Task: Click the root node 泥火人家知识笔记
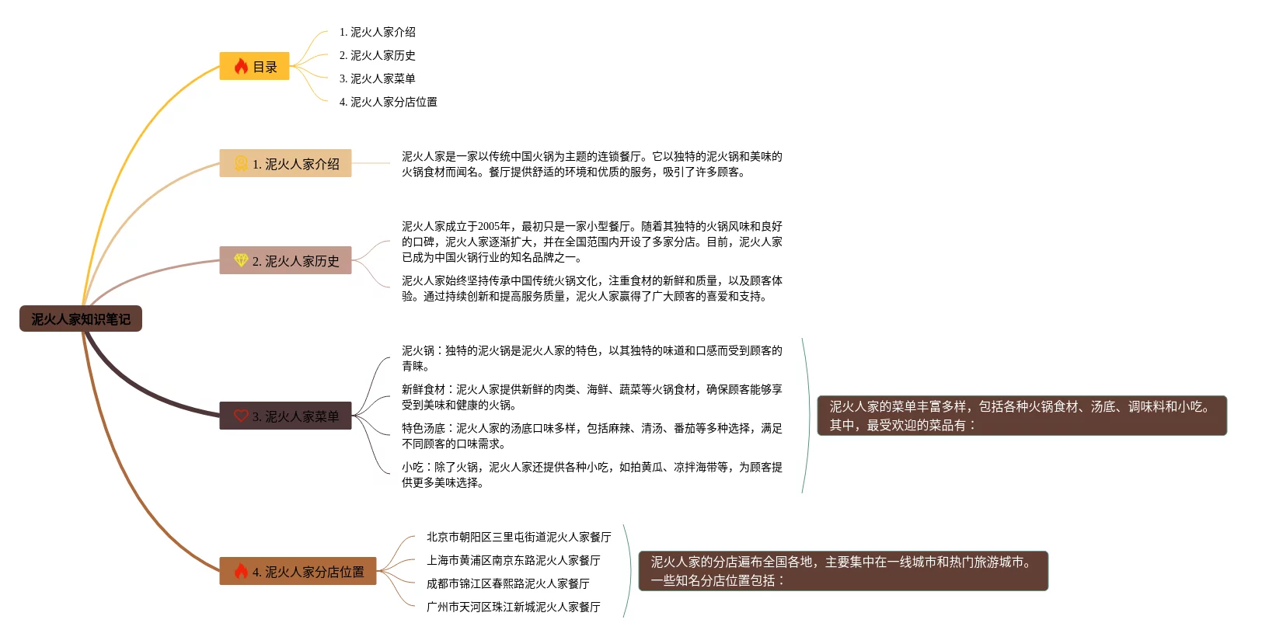(x=81, y=318)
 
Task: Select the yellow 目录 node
(x=254, y=67)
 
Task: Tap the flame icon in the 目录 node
(x=241, y=67)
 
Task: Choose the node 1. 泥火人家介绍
(x=285, y=164)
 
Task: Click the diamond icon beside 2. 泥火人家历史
(x=241, y=260)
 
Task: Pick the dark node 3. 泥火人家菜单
(x=285, y=416)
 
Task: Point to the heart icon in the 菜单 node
(x=241, y=416)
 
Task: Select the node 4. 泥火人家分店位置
(x=298, y=572)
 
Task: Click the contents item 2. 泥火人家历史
(x=377, y=55)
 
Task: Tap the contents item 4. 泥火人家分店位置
(x=388, y=102)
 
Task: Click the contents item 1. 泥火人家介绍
(x=377, y=32)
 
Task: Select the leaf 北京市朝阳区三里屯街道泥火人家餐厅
(x=518, y=537)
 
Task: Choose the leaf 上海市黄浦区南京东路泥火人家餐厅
(x=513, y=560)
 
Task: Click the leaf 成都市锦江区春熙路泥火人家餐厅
(x=507, y=583)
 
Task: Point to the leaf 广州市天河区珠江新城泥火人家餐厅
(x=513, y=607)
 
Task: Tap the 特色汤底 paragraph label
(x=423, y=428)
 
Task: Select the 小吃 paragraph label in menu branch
(x=413, y=467)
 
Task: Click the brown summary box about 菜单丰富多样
(x=1021, y=416)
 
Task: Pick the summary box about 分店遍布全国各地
(x=842, y=571)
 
